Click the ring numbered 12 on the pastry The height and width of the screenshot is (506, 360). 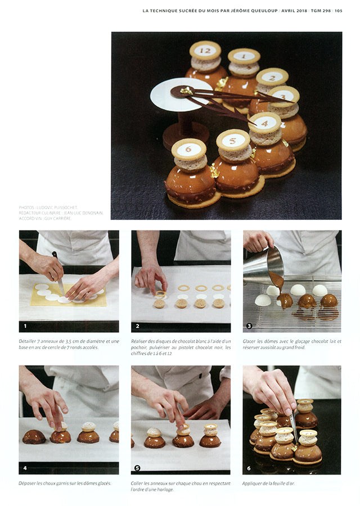tap(205, 49)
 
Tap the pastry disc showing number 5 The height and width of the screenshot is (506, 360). tap(233, 139)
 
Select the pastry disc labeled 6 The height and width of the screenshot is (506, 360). tap(189, 149)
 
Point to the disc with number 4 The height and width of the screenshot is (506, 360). tap(265, 122)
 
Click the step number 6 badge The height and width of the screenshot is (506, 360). tap(249, 468)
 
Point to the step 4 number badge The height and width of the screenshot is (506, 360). tap(24, 468)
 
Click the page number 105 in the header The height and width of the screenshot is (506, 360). tap(338, 10)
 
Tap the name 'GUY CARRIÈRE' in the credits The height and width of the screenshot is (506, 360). tap(53, 218)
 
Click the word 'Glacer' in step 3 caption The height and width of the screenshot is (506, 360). tap(250, 341)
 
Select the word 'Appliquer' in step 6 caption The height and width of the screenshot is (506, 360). tap(254, 483)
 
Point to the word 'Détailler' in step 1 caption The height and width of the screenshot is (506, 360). tap(30, 341)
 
